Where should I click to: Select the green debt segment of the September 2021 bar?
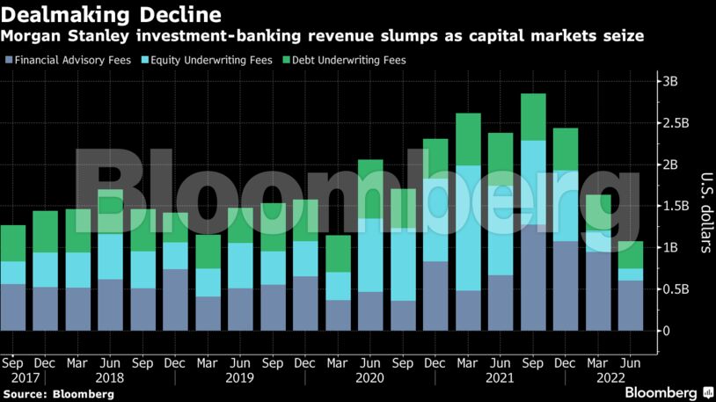[x=533, y=117]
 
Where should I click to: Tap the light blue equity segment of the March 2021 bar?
[x=468, y=228]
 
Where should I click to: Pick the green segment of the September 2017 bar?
[x=13, y=243]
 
